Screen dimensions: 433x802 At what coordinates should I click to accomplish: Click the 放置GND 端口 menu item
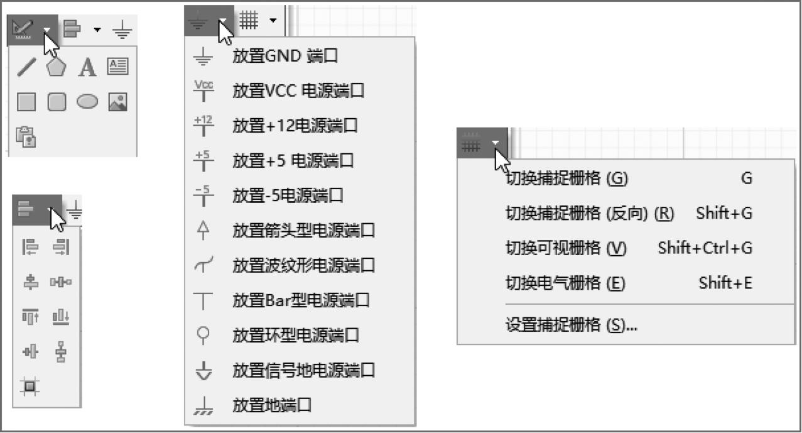tap(285, 57)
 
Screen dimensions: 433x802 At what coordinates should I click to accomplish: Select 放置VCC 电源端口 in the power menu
tap(298, 91)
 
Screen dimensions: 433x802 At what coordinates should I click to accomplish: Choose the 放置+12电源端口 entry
tap(295, 126)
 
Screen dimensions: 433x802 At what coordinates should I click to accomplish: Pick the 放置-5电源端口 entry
tap(288, 195)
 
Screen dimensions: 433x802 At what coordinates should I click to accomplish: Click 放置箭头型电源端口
tap(303, 231)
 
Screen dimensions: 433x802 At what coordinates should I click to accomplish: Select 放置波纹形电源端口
tap(303, 265)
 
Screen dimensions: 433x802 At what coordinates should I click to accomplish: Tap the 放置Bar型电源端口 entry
tap(301, 300)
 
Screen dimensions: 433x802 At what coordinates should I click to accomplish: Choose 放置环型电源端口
tap(296, 335)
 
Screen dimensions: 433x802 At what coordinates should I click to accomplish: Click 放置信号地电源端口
tap(303, 370)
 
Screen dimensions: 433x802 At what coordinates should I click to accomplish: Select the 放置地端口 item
tap(272, 405)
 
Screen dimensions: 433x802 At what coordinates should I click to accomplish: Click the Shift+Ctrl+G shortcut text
tap(705, 248)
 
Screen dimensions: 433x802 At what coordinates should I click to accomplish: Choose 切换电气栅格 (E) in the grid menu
tap(565, 283)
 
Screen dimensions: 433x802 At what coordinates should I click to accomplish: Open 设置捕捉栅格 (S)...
tap(571, 326)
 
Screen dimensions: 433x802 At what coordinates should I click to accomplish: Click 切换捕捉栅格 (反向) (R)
tap(589, 214)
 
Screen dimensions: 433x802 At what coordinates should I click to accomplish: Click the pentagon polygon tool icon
tap(57, 67)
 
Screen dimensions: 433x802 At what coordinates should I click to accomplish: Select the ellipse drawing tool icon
tap(87, 102)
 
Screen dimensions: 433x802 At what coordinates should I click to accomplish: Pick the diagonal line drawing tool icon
tap(26, 67)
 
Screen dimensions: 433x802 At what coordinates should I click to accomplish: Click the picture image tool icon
tap(117, 102)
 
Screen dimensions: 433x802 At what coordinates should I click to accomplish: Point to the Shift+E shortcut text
tap(725, 283)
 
